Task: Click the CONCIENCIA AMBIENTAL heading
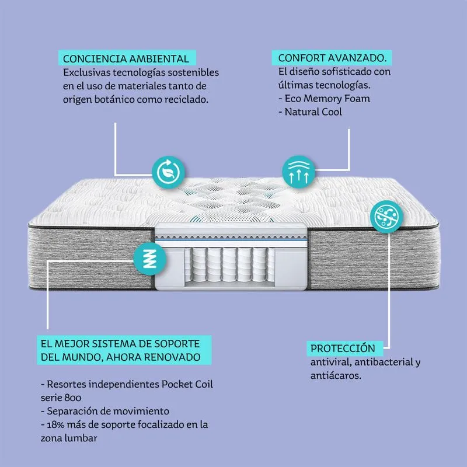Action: pos(126,59)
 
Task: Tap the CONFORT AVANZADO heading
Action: pos(332,59)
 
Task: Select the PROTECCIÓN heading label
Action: pos(342,348)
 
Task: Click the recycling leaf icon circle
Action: pos(169,172)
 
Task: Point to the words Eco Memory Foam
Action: pos(327,98)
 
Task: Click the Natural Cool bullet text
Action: pos(313,111)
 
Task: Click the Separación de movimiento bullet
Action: pos(105,411)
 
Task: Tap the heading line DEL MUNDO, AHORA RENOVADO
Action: pos(120,356)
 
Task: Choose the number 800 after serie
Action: pos(81,398)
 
